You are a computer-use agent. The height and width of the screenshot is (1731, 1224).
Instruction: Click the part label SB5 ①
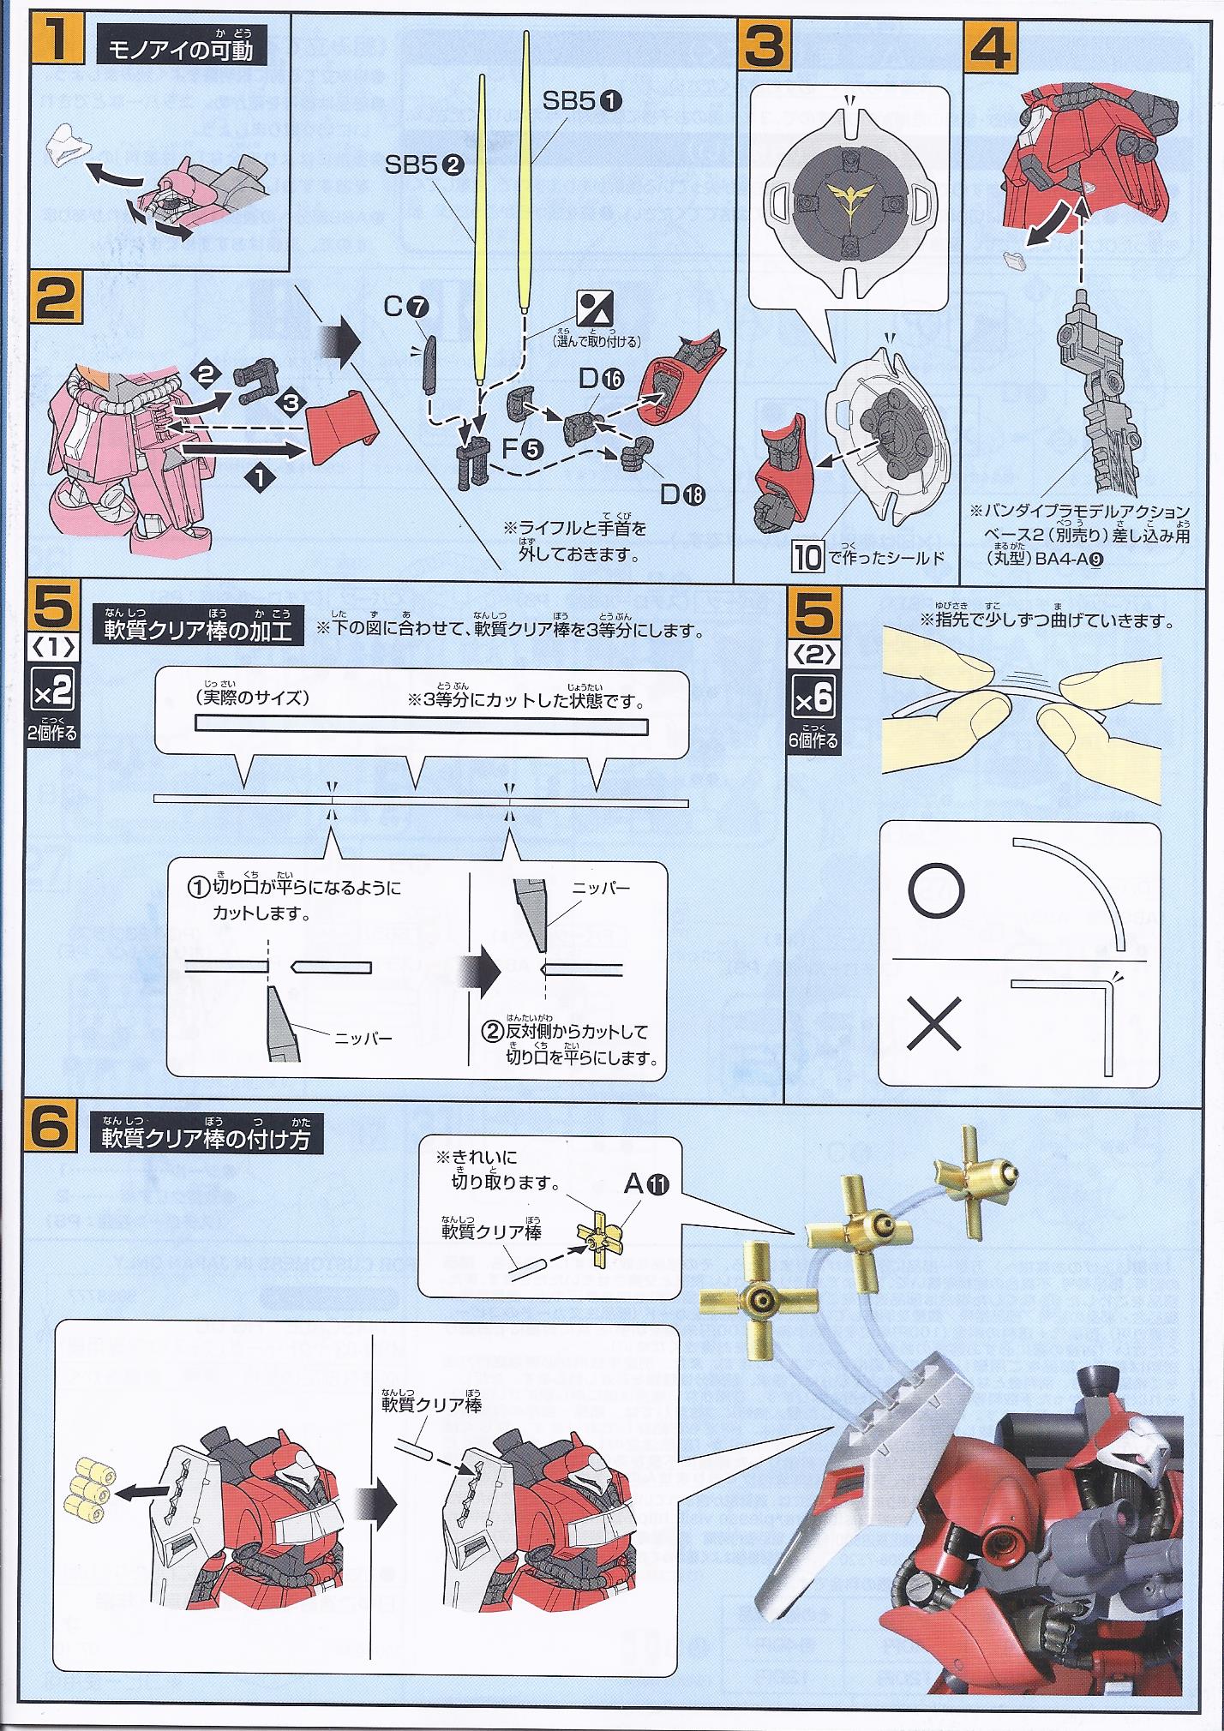583,100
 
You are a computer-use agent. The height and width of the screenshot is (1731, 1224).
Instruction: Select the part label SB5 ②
424,165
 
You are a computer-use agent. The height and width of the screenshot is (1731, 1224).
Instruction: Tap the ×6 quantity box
813,698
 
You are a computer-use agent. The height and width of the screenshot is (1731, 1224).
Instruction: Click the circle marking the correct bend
936,890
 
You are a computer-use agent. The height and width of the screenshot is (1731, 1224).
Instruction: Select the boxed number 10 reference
807,557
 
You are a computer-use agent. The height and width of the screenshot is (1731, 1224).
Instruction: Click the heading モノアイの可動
181,51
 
